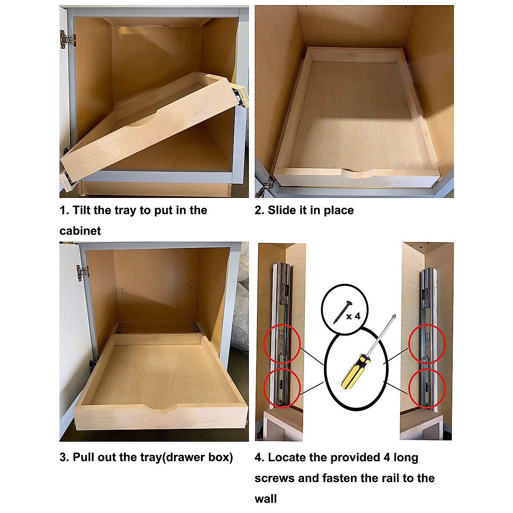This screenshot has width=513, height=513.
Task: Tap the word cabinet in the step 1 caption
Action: click(80, 231)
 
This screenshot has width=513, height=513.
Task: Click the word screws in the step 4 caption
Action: click(274, 478)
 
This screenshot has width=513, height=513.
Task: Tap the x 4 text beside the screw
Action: click(353, 316)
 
